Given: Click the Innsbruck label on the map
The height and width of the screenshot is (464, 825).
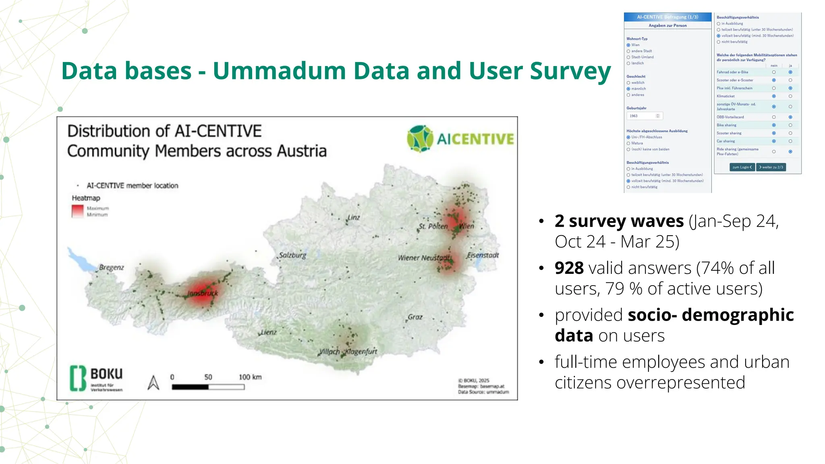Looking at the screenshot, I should coord(203,293).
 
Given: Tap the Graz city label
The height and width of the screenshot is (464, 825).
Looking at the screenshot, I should coord(415,317).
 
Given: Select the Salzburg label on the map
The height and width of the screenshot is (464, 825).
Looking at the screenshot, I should coord(292,255).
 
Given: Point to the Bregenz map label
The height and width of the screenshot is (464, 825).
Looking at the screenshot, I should coord(111,267).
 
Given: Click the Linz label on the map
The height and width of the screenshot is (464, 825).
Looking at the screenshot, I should coord(353,217).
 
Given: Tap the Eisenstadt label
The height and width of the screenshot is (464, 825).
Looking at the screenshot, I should coord(483,255).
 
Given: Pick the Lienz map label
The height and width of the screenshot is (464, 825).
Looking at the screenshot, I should coord(268,332).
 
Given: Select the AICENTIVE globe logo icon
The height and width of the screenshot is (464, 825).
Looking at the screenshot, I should coord(420,139).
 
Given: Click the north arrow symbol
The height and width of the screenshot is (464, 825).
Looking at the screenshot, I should coord(153,383).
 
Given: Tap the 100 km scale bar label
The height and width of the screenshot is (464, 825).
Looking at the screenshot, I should coord(250,377).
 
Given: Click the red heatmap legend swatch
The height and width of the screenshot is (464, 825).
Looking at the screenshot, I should coord(77,211).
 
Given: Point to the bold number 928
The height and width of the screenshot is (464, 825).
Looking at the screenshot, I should coord(569,268).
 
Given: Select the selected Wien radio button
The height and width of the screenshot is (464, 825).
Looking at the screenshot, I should coord(628,45).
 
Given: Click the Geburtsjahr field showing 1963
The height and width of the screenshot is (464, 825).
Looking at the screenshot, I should coord(644,116).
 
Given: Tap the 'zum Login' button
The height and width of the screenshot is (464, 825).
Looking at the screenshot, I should coord(742,167).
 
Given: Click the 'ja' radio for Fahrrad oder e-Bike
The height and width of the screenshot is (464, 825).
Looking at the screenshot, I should coord(790,72).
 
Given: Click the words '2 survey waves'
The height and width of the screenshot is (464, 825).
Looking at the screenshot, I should coord(619,221).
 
